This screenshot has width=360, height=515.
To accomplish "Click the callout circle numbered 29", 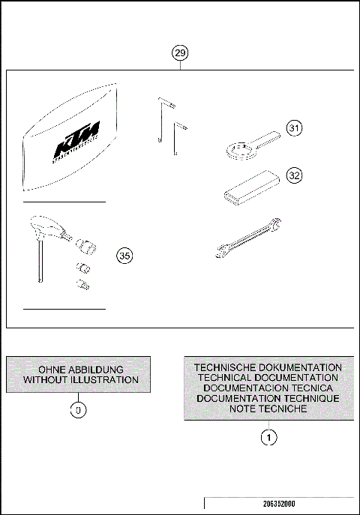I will (x=180, y=53).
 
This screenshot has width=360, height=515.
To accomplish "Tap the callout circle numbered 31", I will (x=295, y=129).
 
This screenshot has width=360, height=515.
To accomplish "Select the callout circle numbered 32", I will (x=295, y=175).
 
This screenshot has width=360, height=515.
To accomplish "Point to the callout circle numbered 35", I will (x=126, y=256).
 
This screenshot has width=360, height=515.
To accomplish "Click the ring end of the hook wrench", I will (x=240, y=151).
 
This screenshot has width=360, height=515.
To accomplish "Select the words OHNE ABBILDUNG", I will (x=80, y=370).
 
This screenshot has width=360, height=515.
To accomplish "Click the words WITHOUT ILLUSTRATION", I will (x=80, y=380).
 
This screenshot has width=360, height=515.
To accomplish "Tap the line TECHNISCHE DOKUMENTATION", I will (x=268, y=367).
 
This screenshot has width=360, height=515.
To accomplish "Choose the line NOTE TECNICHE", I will (x=268, y=409).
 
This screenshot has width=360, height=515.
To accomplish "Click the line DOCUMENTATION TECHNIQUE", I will (x=268, y=399).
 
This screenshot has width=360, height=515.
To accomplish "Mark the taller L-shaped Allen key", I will (x=163, y=120).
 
